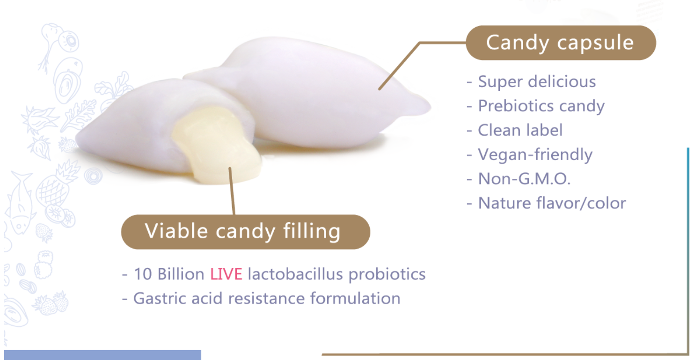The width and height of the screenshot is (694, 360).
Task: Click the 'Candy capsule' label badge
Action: pyautogui.click(x=561, y=43)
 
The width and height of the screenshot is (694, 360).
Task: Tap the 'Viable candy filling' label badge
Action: pyautogui.click(x=246, y=232)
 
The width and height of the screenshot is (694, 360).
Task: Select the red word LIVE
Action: pyautogui.click(x=226, y=274)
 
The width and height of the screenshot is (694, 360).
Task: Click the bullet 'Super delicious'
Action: pyautogui.click(x=531, y=82)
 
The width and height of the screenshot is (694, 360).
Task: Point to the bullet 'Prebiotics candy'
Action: pyautogui.click(x=536, y=106)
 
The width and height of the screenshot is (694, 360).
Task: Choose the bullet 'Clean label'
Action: pyautogui.click(x=515, y=130)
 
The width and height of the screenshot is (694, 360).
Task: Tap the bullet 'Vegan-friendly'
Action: pyautogui.click(x=529, y=154)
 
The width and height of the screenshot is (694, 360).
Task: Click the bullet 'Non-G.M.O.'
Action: pyautogui.click(x=519, y=179)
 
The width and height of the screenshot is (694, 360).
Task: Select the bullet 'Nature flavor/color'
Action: pyautogui.click(x=546, y=203)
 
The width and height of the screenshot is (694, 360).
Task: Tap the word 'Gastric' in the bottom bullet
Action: pyautogui.click(x=160, y=299)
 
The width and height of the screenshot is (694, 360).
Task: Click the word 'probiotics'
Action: pyautogui.click(x=387, y=274)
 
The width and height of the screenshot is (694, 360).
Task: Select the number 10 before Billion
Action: pyautogui.click(x=143, y=274)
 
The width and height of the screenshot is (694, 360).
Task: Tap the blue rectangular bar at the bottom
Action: pyautogui.click(x=102, y=355)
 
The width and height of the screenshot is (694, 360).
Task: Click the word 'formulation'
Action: pyautogui.click(x=355, y=299)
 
